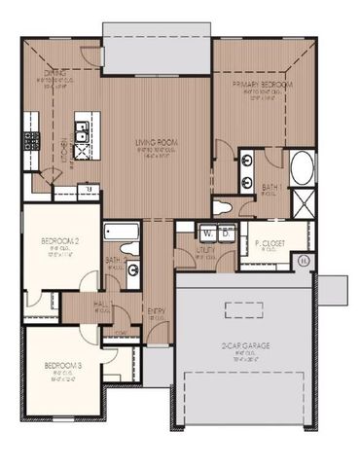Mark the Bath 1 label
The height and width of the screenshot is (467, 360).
pos(271,185)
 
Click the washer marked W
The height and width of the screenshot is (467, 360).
pos(207,232)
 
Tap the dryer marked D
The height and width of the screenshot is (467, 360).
pos(225,232)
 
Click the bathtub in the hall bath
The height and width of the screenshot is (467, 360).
pos(123,233)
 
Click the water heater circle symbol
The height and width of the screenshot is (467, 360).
pos(304,260)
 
